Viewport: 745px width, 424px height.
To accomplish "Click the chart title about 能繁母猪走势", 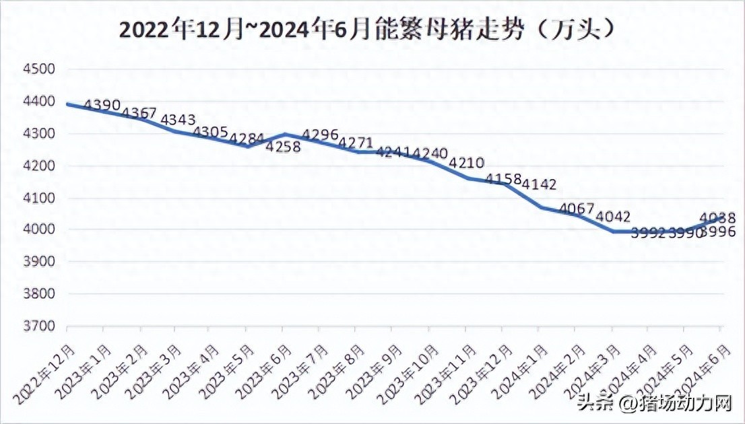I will (368, 30).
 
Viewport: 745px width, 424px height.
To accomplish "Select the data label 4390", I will (103, 105).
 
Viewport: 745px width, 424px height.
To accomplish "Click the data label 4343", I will (179, 119).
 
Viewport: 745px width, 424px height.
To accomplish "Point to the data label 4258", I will (284, 147).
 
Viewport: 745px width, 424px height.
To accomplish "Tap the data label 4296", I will (320, 135).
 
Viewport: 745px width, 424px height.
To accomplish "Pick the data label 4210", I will (467, 163).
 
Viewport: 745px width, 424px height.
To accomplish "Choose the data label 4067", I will (577, 209).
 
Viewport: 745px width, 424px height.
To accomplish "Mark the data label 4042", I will (613, 217).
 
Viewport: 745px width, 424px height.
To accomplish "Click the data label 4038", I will (717, 217).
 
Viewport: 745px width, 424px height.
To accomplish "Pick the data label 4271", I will (356, 143).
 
